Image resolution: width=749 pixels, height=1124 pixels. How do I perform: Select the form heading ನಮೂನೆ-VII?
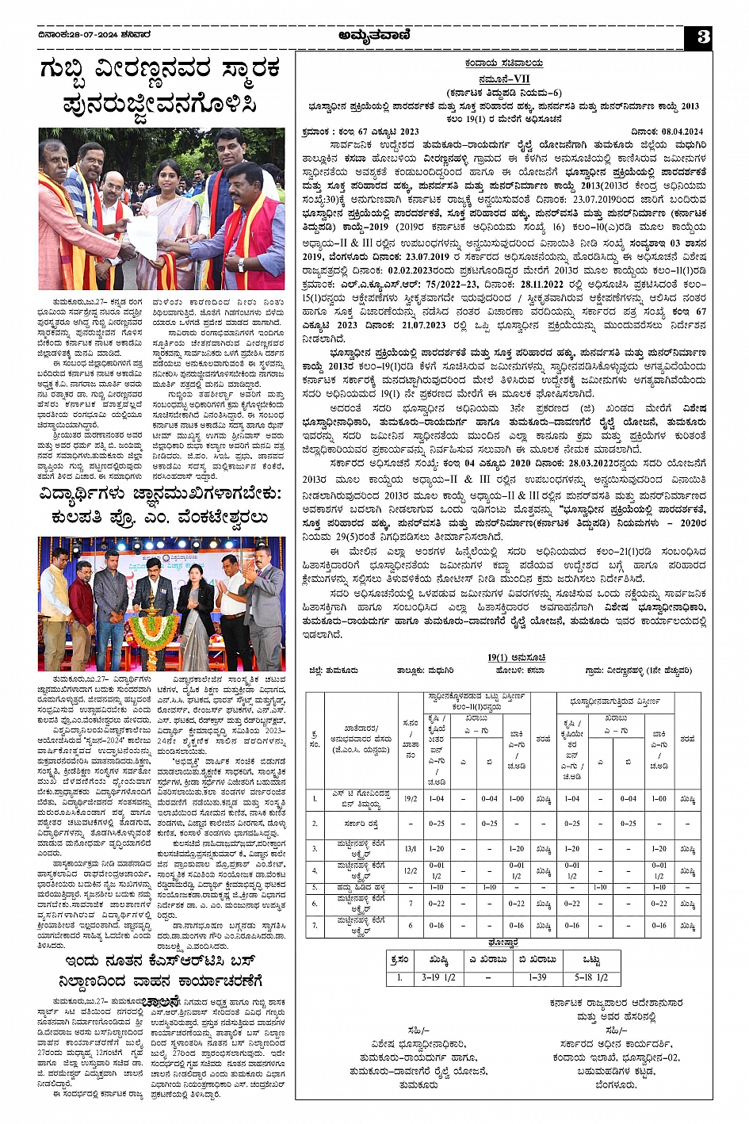pyautogui.click(x=503, y=81)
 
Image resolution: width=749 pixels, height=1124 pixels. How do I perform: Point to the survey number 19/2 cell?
pyautogui.click(x=411, y=798)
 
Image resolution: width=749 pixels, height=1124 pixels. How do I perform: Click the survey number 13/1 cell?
pyautogui.click(x=411, y=849)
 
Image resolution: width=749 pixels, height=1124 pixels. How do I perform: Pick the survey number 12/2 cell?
pyautogui.click(x=411, y=870)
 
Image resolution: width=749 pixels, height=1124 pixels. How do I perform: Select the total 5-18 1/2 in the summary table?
pyautogui.click(x=591, y=977)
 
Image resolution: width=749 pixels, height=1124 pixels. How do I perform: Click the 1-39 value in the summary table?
pyautogui.click(x=537, y=977)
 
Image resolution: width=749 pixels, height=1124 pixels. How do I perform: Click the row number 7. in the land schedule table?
pyautogui.click(x=315, y=926)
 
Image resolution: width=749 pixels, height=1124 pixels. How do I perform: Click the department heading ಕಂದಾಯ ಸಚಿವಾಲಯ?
pyautogui.click(x=503, y=63)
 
